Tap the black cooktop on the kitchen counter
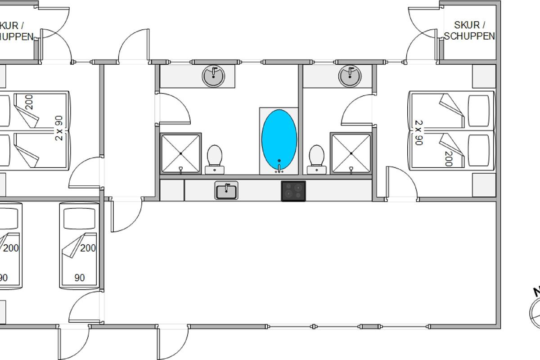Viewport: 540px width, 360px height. click(x=293, y=191)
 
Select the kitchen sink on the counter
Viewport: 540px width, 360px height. click(x=226, y=191)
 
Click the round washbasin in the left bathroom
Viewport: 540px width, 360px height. click(x=213, y=76)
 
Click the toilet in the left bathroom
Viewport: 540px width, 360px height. click(x=215, y=157)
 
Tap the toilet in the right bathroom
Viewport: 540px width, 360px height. click(x=317, y=157)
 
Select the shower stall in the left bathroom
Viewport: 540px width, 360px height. click(x=180, y=153)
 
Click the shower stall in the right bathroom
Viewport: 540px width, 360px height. click(x=351, y=153)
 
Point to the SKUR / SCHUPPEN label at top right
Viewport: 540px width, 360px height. click(x=469, y=31)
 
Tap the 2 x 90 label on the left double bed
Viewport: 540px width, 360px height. click(x=59, y=128)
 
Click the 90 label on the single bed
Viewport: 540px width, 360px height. click(x=80, y=278)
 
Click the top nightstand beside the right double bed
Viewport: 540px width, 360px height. click(x=484, y=76)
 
